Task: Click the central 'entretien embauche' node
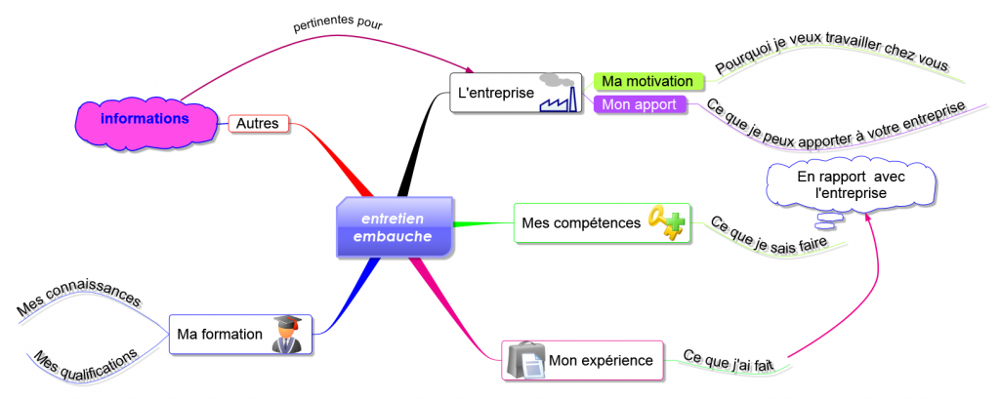395,227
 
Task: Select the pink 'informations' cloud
146,119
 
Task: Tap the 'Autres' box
258,124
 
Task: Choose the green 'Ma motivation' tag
647,81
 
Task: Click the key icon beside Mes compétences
668,223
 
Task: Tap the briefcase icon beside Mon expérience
525,361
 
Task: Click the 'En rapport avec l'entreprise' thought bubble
849,184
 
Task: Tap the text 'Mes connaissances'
78,294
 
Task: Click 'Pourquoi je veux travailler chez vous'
831,57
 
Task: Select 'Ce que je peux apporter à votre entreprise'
835,123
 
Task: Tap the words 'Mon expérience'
601,361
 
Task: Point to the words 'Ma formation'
220,335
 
